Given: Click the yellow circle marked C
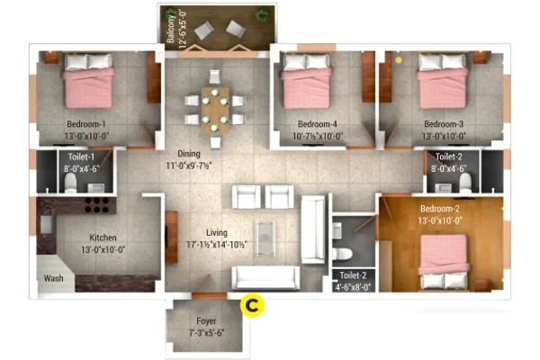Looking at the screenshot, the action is pos(252,305).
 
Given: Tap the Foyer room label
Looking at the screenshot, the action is pos(206,321).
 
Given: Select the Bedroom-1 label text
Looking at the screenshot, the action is pos(86,124).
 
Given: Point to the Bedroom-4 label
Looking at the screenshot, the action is pos(317,124).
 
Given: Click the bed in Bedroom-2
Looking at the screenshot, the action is pos(444,262).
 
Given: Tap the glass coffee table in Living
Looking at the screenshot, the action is pos(265,238).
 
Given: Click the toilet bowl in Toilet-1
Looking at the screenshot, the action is pos(70,182).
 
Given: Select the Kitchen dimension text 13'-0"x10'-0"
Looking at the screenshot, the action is pos(103,249).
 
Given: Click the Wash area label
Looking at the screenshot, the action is pos(53,278).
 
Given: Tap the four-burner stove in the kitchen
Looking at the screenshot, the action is pos(97,205).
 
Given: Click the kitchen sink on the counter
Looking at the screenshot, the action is pos(47,224).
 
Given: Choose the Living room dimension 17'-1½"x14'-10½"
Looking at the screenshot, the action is pos(217,245).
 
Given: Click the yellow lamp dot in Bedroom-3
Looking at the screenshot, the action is pos(399,60).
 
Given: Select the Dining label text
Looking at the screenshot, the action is pos(189,153).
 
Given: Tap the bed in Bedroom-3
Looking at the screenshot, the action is pos(442,81).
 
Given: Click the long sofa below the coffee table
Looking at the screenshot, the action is pos(265,278).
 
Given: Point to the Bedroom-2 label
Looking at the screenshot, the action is pos(440,209).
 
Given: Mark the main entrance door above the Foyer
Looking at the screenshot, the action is pos(209,296).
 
